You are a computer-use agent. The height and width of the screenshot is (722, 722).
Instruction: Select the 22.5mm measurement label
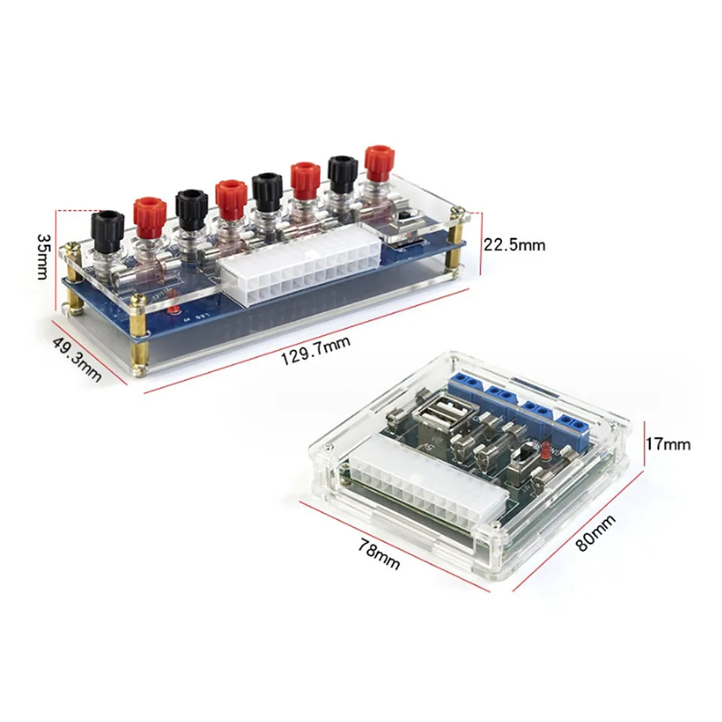[514, 245]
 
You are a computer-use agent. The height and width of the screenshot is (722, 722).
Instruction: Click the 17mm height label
[669, 444]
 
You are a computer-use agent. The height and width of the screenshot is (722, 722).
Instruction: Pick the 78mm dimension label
[379, 554]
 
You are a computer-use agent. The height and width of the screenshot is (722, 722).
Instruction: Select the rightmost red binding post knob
[379, 162]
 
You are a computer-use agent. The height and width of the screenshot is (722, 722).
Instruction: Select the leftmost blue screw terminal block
[468, 383]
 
